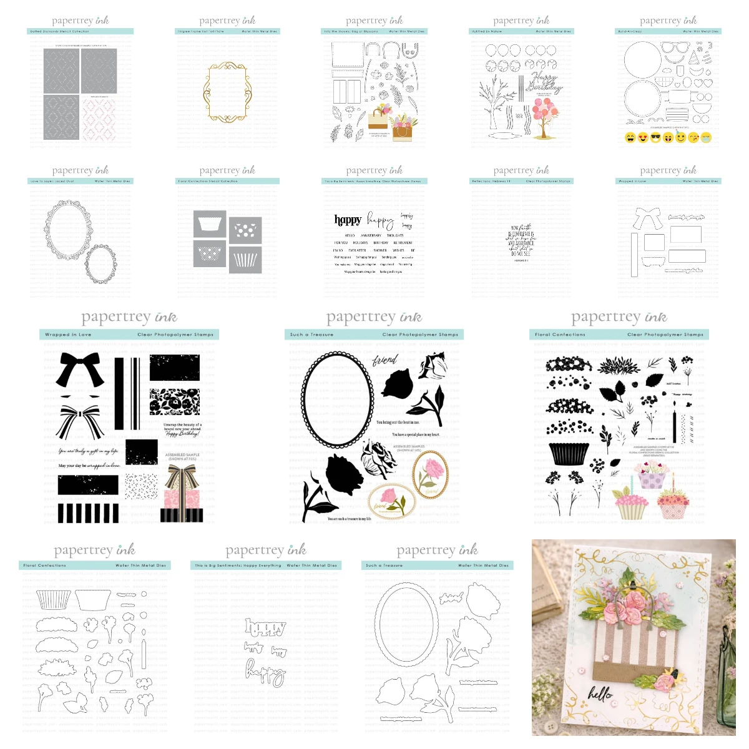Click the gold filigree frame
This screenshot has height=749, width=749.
pos(227,92)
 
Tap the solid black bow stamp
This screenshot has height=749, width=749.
pos(80,369)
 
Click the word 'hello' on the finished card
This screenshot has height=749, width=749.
pos(600,693)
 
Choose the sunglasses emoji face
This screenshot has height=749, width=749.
pos(655,138)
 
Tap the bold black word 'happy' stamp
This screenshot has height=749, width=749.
pos(348,220)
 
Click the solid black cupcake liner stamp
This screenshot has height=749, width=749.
pos(569,454)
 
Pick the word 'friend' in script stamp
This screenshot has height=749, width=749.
pos(384,360)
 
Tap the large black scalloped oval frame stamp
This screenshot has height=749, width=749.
pos(338,399)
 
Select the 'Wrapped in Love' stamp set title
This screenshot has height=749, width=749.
pos(68,335)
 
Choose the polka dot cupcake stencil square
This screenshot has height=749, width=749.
pos(245,231)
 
